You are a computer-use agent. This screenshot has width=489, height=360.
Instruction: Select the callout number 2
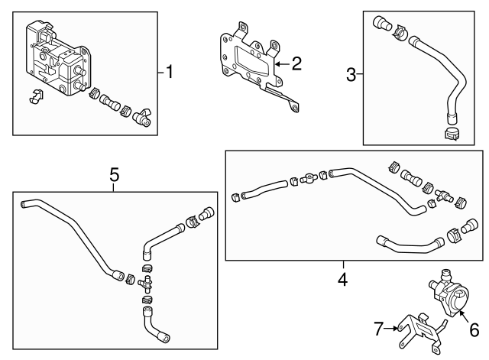pos(296,63)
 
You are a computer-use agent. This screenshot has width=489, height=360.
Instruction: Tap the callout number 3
pos(351,74)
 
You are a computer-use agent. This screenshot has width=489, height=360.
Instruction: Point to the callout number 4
pos(342,280)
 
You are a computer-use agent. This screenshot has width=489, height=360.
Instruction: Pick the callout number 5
pos(114,175)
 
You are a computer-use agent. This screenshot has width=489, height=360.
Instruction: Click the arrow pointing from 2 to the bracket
pos(280,63)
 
